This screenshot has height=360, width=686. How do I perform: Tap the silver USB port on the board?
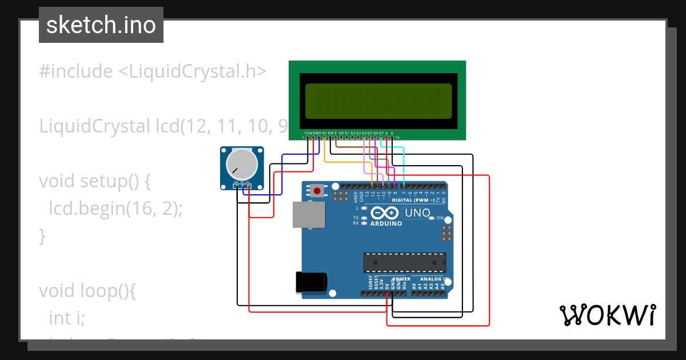click(x=309, y=215)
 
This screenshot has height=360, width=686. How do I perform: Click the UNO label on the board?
click(x=417, y=213)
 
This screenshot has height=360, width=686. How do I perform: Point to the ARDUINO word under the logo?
click(x=386, y=223)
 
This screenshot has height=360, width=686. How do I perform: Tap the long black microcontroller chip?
click(x=405, y=262)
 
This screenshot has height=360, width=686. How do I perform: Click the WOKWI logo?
click(x=607, y=315)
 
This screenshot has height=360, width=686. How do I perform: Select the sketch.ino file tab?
click(x=101, y=25)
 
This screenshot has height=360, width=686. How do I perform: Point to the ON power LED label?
click(x=440, y=218)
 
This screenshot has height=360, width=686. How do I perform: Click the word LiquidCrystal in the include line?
click(x=192, y=71)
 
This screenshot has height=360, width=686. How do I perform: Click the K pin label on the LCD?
click(x=392, y=133)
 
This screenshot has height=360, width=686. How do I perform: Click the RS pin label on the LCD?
click(x=324, y=133)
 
